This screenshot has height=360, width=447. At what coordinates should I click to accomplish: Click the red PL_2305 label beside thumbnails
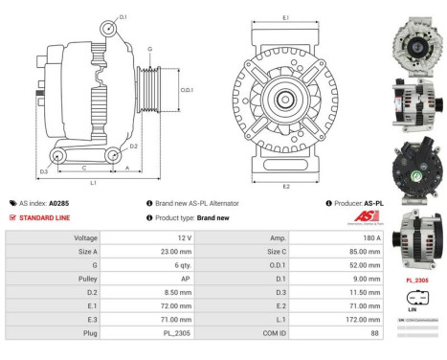pos(416,281)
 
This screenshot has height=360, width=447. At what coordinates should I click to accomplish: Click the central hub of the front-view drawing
pos(285,99)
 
